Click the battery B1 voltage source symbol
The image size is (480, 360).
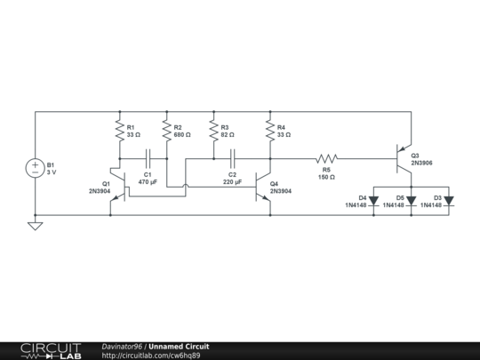pyautogui.click(x=36, y=168)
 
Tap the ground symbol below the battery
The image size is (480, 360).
pyautogui.click(x=36, y=226)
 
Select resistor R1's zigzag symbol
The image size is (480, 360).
pyautogui.click(x=120, y=131)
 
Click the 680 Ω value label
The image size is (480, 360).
pyautogui.click(x=182, y=135)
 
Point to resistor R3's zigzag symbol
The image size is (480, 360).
pyautogui.click(x=213, y=131)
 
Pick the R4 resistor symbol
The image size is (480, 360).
pyautogui.click(x=270, y=131)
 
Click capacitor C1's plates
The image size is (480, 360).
pyautogui.click(x=148, y=158)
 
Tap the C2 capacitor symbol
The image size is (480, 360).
pyautogui.click(x=232, y=158)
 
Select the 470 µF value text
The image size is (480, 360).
pyautogui.click(x=148, y=182)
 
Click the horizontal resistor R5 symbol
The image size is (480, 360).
pyautogui.click(x=326, y=158)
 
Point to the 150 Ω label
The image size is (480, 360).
pyautogui.click(x=326, y=177)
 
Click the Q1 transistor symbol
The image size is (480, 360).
pyautogui.click(x=118, y=187)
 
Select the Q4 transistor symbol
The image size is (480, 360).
pyautogui.click(x=262, y=187)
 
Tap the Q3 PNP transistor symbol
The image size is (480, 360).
pyautogui.click(x=404, y=158)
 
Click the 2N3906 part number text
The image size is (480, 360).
pyautogui.click(x=422, y=163)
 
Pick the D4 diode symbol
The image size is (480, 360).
pyautogui.click(x=373, y=201)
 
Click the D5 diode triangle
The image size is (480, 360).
pyautogui.click(x=412, y=201)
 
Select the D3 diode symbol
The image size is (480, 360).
pyautogui.click(x=449, y=201)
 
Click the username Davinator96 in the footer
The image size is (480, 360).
pyautogui.click(x=122, y=347)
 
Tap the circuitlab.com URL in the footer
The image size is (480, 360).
pyautogui.click(x=151, y=356)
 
